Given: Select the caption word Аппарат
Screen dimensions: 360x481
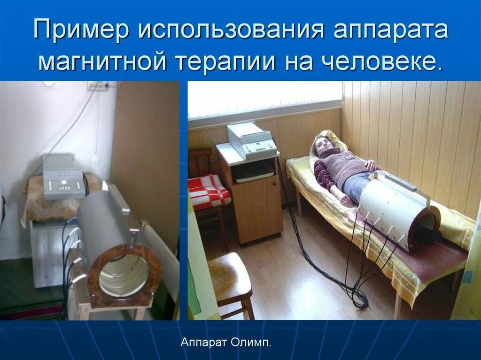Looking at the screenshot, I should pyautogui.click(x=204, y=343).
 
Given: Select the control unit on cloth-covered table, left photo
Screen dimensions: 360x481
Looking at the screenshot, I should pyautogui.click(x=63, y=177).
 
